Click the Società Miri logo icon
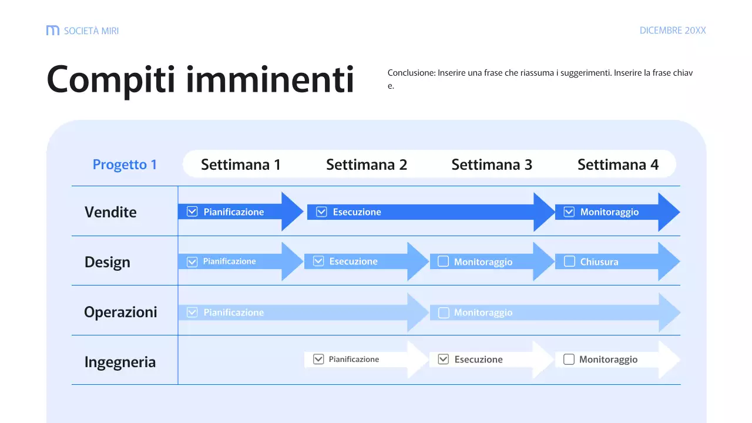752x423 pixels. (x=53, y=31)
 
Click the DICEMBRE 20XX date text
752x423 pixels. (x=673, y=31)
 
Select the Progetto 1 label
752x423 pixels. (x=125, y=164)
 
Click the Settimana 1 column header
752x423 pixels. (x=241, y=164)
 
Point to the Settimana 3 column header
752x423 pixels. (x=492, y=164)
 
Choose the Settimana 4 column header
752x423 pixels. (x=618, y=164)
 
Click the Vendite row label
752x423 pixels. (x=110, y=212)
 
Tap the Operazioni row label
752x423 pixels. (x=120, y=312)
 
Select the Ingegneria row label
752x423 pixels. (x=120, y=362)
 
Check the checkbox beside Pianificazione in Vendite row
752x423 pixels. (x=192, y=211)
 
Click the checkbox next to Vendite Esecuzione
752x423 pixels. (x=321, y=211)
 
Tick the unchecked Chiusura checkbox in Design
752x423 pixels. (x=569, y=261)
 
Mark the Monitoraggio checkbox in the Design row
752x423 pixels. (x=444, y=261)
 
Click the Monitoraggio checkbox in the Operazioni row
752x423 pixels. (x=444, y=313)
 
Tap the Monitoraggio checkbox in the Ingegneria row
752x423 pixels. (x=569, y=359)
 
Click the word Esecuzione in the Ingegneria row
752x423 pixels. (x=478, y=360)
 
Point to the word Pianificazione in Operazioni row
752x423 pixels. (x=234, y=313)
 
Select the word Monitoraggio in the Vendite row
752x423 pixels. (x=609, y=212)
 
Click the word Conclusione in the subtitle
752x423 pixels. (x=411, y=73)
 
